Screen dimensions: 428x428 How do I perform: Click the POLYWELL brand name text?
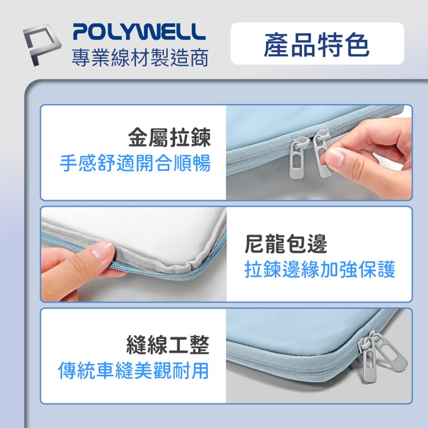(139, 32)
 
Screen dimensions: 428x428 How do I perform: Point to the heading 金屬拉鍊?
(169, 138)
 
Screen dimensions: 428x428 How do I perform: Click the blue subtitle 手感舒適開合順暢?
(135, 163)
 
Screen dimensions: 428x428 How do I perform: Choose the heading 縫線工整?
(168, 346)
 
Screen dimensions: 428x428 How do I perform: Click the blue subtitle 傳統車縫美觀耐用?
(133, 370)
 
